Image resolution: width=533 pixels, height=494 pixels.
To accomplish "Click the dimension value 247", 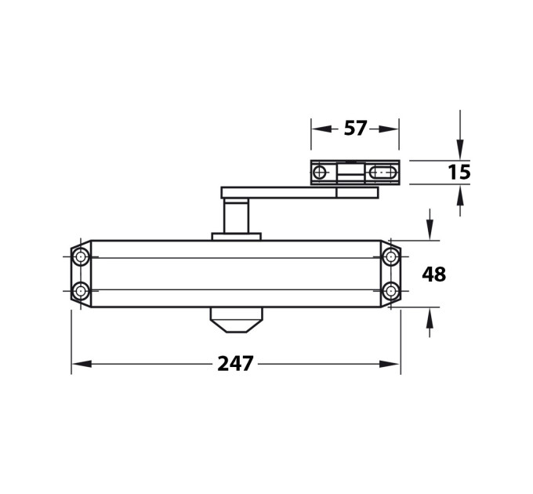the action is [235, 364].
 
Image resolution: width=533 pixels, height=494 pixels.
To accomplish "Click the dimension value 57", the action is [355, 128].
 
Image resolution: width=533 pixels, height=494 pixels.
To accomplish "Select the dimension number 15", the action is [459, 172].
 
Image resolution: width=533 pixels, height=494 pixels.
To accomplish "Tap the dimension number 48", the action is [433, 274].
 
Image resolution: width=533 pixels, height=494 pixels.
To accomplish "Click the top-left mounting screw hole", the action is [81, 256].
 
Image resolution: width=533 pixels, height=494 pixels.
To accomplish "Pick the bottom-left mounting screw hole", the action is [81, 291].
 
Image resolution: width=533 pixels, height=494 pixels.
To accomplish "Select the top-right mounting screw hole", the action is [391, 256].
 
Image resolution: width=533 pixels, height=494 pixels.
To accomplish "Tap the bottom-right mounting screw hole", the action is [391, 291].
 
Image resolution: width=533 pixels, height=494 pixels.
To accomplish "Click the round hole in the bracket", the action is [320, 173].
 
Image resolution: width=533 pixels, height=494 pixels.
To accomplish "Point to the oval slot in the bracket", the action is [383, 173].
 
